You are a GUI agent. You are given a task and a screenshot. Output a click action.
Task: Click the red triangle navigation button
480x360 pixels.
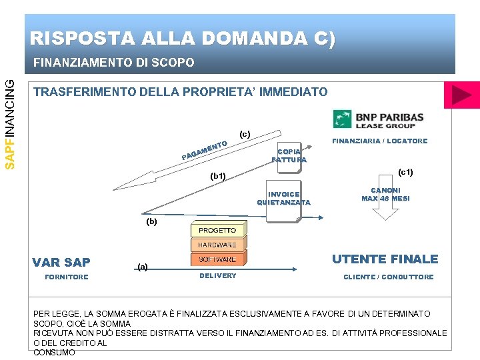tap(461, 96)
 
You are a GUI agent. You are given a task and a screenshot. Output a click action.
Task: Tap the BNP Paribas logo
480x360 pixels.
tap(379, 119)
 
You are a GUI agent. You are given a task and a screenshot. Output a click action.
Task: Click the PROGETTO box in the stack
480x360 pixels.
tap(217, 230)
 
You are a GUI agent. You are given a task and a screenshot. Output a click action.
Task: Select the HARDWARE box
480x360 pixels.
tap(217, 245)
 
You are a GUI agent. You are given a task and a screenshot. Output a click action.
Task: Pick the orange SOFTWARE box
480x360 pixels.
tap(217, 259)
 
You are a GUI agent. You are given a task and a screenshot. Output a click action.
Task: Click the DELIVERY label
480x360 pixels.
tap(217, 276)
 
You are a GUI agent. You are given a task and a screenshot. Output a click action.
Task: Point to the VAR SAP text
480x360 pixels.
tap(61, 262)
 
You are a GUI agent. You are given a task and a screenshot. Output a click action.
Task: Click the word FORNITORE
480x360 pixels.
tap(66, 277)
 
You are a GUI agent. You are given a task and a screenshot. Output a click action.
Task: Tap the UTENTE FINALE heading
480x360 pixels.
tap(385, 259)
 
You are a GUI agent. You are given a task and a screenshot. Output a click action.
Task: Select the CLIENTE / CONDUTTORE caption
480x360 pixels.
tap(388, 277)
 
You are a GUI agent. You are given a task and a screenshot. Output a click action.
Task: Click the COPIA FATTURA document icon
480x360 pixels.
tap(289, 155)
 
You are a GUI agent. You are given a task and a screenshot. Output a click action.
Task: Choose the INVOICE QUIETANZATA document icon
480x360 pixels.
tap(283, 198)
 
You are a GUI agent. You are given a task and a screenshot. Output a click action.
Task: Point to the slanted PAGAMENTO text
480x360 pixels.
tap(205, 150)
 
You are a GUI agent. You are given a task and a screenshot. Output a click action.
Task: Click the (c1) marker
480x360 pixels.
tap(405, 173)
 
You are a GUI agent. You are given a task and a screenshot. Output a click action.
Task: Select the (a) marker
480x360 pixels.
tap(142, 266)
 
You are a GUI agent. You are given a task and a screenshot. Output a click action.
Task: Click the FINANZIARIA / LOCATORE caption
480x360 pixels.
tap(380, 141)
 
